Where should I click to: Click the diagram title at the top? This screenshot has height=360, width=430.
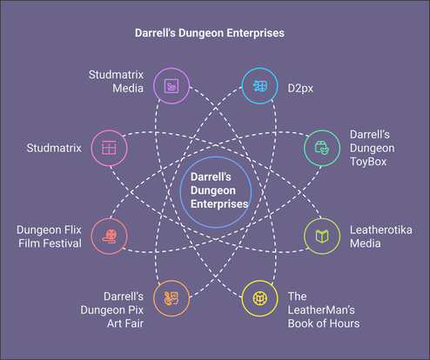(x=210, y=33)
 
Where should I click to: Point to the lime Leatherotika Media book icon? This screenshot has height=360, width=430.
(x=322, y=237)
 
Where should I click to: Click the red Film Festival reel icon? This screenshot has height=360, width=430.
(x=110, y=237)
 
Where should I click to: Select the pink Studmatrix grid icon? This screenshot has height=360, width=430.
(x=109, y=148)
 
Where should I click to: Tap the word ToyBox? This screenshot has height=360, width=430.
(x=368, y=162)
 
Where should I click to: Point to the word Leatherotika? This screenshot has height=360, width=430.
(x=381, y=230)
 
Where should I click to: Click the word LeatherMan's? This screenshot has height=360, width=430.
(x=321, y=310)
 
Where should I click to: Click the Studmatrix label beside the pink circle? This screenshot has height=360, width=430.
(x=54, y=148)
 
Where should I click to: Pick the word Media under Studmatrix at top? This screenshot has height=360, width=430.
(x=128, y=88)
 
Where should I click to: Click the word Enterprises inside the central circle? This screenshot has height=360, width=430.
(x=219, y=203)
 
